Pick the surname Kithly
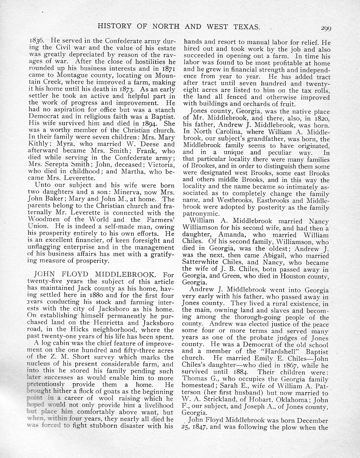point(39,144)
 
